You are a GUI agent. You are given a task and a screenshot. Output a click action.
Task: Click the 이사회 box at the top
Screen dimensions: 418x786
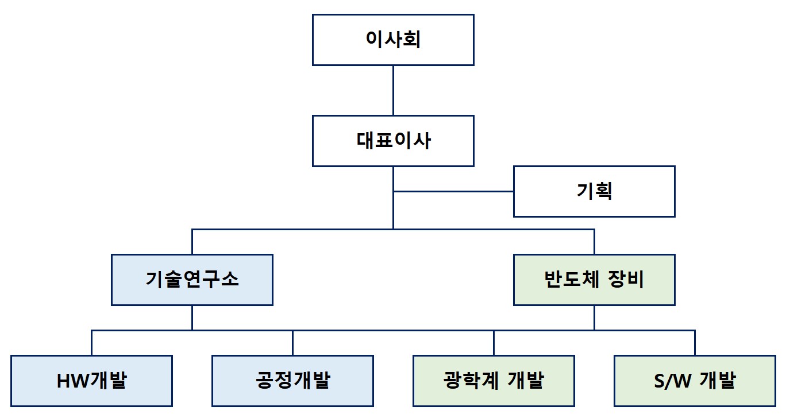(x=393, y=40)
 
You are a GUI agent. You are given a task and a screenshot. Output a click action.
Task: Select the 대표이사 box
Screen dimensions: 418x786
(x=393, y=141)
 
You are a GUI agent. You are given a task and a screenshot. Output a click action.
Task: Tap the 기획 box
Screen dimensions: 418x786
(x=594, y=191)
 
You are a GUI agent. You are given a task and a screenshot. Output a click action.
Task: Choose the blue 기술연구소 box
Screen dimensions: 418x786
(x=192, y=280)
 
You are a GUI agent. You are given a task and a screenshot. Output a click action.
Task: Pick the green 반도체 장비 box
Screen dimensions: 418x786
(x=594, y=280)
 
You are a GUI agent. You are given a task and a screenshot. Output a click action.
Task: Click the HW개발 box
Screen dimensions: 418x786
(x=91, y=381)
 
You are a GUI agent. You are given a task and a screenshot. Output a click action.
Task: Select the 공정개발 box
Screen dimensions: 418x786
(x=292, y=381)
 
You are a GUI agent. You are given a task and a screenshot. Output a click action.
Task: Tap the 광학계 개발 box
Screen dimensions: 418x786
(x=494, y=381)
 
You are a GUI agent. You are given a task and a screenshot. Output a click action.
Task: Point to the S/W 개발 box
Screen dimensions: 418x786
(x=695, y=381)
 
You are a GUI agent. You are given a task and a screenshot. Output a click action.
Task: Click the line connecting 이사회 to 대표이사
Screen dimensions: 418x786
(x=393, y=90)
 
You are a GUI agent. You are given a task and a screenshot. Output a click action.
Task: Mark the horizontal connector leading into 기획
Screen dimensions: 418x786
(x=454, y=191)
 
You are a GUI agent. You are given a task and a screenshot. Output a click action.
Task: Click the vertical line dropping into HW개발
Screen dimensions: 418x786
(x=91, y=343)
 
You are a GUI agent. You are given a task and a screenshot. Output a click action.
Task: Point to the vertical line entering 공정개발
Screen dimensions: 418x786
(x=292, y=343)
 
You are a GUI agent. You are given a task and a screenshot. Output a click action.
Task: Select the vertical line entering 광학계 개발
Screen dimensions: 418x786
(x=494, y=343)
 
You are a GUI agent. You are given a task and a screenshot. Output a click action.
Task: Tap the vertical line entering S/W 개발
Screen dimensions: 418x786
(x=695, y=343)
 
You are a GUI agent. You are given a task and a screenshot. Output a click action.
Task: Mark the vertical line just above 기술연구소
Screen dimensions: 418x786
(x=192, y=242)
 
